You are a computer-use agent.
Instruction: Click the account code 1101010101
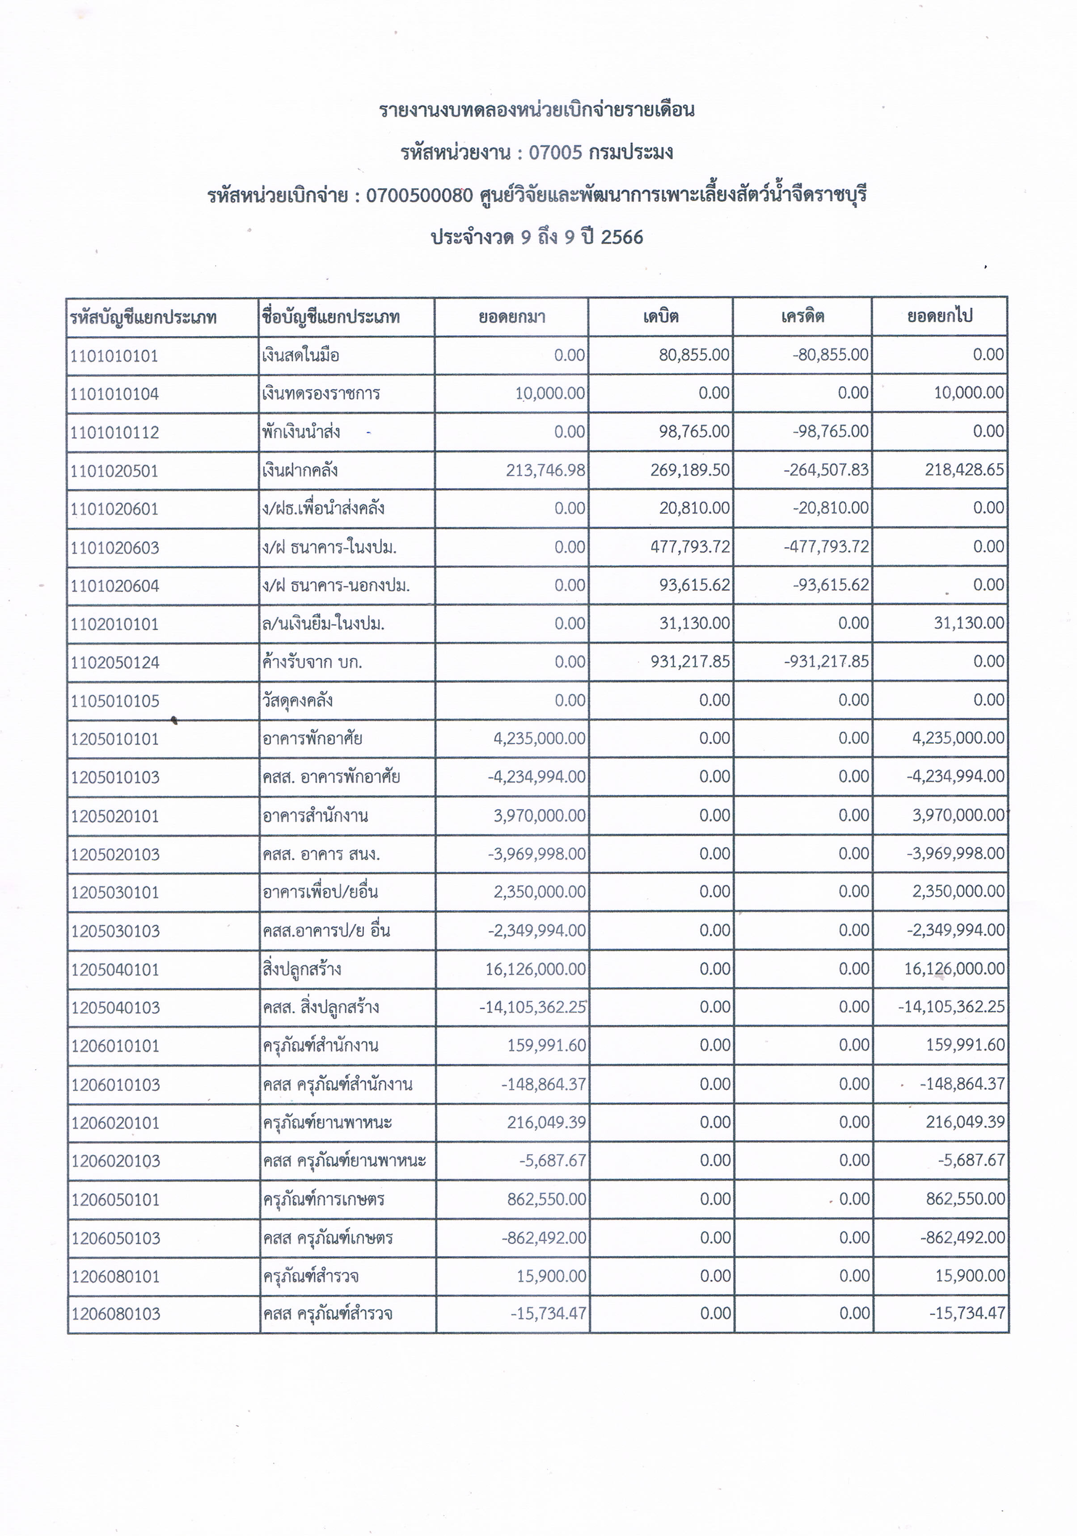click(x=114, y=356)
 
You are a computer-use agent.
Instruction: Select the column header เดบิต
click(x=660, y=316)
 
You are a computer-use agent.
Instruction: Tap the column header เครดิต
click(x=802, y=316)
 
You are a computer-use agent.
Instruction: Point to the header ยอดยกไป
click(x=939, y=316)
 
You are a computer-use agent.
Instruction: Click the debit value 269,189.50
click(x=690, y=470)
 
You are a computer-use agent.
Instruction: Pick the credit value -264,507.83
click(x=826, y=470)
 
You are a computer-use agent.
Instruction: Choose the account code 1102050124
click(x=115, y=663)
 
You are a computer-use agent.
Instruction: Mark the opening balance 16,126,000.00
click(x=535, y=969)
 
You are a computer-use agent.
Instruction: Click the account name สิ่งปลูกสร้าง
click(x=302, y=969)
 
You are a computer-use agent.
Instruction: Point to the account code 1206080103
click(x=116, y=1314)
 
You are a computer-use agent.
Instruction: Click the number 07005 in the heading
click(x=555, y=152)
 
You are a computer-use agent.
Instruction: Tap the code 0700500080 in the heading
click(x=419, y=195)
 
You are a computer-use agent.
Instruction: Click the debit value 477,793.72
click(x=690, y=547)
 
